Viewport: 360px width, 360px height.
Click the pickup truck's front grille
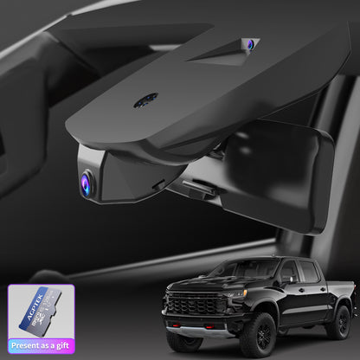(x=193, y=305)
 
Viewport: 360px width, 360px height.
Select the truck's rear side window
(x=309, y=273)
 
